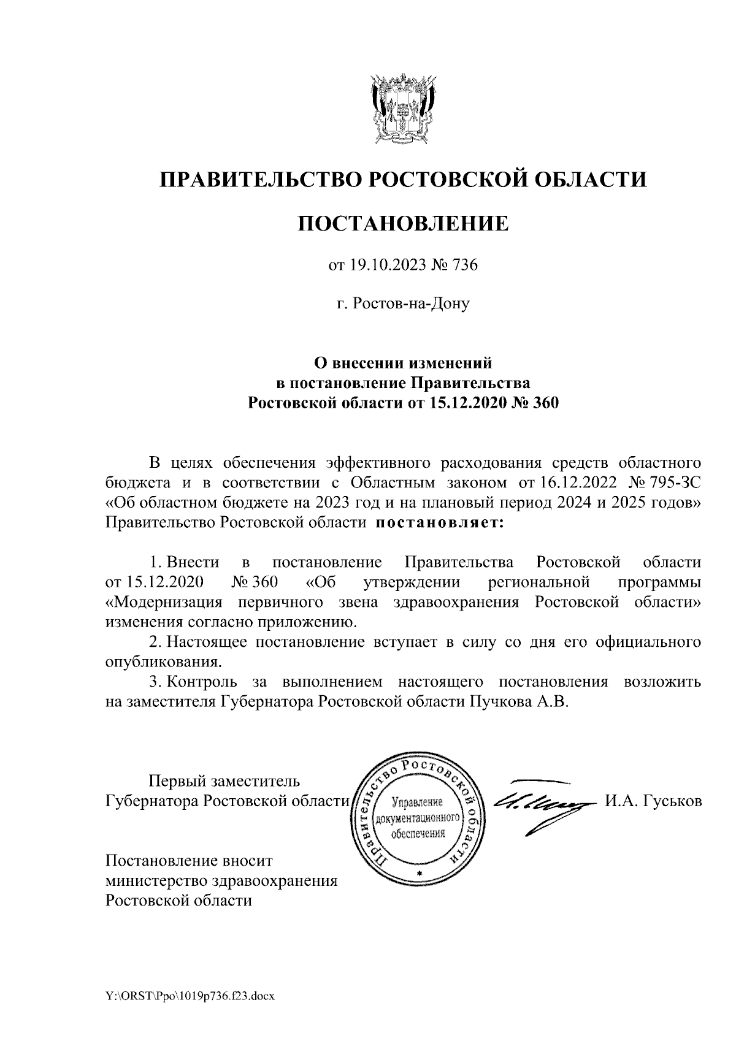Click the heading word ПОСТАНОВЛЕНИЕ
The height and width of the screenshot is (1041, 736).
[404, 223]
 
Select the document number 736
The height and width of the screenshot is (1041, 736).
[464, 265]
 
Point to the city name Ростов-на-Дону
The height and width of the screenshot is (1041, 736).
[403, 303]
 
